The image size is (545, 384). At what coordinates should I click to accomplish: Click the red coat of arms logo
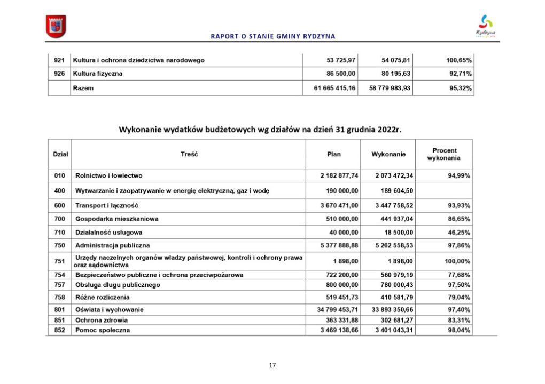pyautogui.click(x=56, y=27)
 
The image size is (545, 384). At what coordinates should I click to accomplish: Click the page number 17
pyautogui.click(x=272, y=365)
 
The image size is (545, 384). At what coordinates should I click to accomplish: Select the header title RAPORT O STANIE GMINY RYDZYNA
pyautogui.click(x=273, y=37)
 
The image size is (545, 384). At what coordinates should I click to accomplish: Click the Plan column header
pyautogui.click(x=334, y=155)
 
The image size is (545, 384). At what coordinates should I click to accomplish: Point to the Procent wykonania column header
pyautogui.click(x=444, y=155)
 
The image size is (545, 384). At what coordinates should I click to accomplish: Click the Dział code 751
pyautogui.click(x=59, y=261)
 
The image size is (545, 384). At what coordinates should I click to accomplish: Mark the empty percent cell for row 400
pyautogui.click(x=444, y=190)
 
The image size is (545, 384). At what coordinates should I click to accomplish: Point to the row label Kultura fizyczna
pyautogui.click(x=98, y=74)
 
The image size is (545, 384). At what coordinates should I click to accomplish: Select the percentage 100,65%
pyautogui.click(x=458, y=60)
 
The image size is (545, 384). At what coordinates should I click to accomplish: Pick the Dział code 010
pyautogui.click(x=59, y=175)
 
